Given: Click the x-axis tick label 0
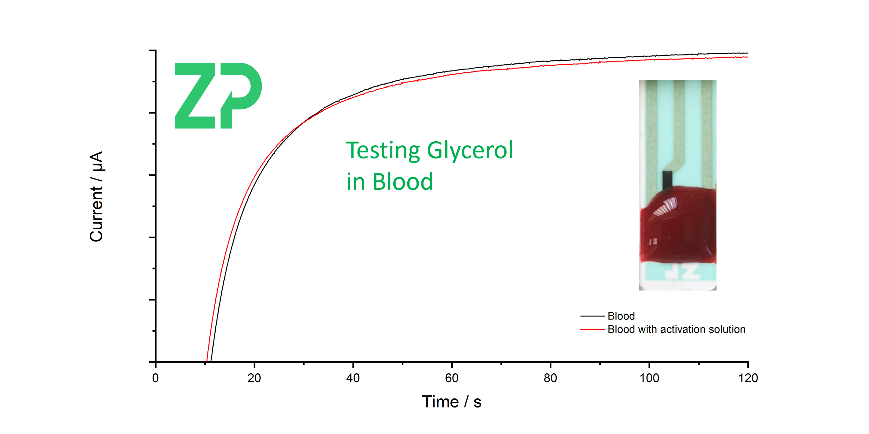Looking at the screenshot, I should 155,378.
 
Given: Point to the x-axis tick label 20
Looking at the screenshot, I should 254,378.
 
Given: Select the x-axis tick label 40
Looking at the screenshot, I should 353,378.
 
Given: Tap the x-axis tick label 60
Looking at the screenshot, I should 451,378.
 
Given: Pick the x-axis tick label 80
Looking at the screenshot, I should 550,378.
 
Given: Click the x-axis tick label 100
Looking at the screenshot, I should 649,378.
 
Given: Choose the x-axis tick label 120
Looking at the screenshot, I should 748,378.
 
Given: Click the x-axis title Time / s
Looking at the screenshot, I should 451,401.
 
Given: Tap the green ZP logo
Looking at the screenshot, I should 218,95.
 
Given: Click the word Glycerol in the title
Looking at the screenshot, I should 470,151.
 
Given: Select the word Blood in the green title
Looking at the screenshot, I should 403,182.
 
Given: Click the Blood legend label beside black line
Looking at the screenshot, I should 621,316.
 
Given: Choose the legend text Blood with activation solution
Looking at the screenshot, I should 676,329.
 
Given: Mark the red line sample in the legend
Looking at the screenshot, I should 592,329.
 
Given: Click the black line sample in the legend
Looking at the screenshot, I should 592,316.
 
